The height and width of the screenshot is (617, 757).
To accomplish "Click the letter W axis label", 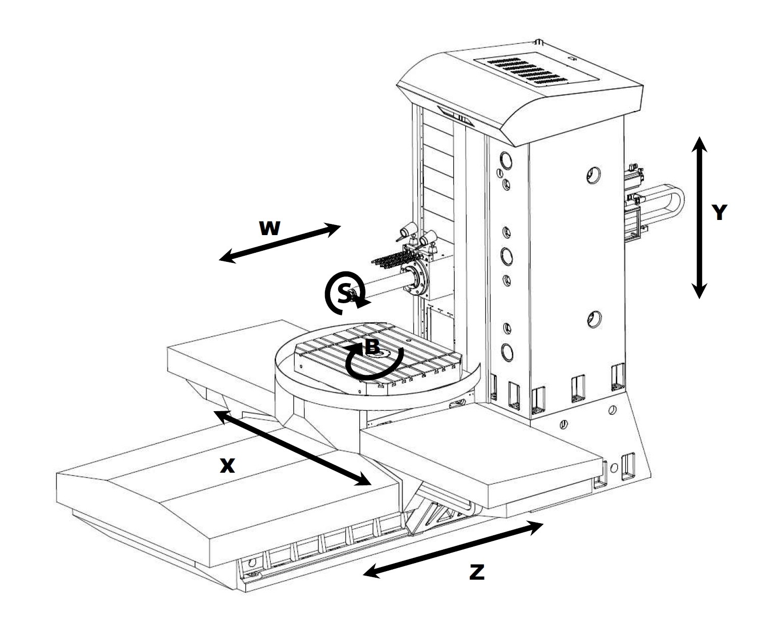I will pyautogui.click(x=269, y=229).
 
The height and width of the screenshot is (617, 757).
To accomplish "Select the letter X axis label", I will pyautogui.click(x=228, y=466).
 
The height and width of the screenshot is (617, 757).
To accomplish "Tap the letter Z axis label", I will pyautogui.click(x=476, y=572).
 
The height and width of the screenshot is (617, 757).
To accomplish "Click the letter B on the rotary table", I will pyautogui.click(x=371, y=347).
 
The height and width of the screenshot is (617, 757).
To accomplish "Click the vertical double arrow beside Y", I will pyautogui.click(x=699, y=217).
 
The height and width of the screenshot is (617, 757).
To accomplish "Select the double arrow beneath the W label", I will pyautogui.click(x=280, y=243).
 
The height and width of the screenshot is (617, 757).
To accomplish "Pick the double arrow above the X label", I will pyautogui.click(x=292, y=448).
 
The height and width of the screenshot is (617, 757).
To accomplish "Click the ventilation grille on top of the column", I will pyautogui.click(x=537, y=71).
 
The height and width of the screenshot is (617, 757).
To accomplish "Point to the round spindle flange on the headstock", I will pyautogui.click(x=415, y=281).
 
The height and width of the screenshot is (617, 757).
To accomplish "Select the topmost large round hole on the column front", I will pyautogui.click(x=506, y=161).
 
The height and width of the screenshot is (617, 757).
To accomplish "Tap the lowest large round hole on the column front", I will pyautogui.click(x=507, y=351).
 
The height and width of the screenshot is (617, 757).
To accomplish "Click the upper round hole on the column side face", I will pyautogui.click(x=593, y=175).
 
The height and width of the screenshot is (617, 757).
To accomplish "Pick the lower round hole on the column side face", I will pyautogui.click(x=593, y=319).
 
